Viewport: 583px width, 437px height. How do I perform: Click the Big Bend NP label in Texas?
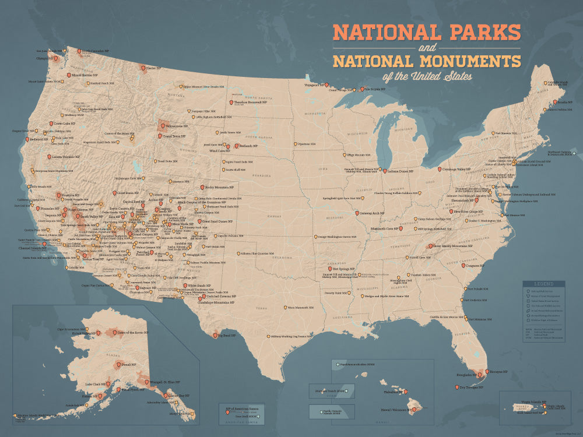pyautogui.click(x=229, y=336)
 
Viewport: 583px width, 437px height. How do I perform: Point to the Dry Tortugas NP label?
pyautogui.click(x=471, y=386)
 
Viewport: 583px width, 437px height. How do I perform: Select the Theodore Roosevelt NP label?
pyautogui.click(x=250, y=101)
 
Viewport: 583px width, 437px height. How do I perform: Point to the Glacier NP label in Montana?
pyautogui.click(x=154, y=68)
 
